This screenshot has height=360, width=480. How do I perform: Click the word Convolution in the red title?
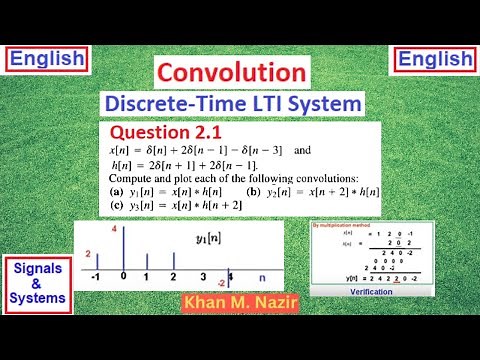click(231, 72)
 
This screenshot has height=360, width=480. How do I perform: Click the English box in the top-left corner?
click(47, 59)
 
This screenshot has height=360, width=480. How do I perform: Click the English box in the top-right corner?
click(433, 59)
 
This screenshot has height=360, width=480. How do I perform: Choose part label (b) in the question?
click(252, 191)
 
